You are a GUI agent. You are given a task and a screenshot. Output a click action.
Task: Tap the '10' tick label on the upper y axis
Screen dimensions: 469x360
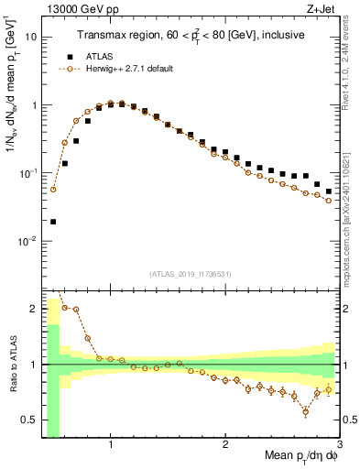30,38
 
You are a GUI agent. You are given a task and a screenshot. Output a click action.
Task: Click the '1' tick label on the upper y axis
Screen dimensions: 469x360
33,105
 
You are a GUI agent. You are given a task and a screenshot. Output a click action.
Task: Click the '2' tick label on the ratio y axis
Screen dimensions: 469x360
33,309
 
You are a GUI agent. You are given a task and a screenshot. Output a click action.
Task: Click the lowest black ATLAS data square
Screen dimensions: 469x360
53,222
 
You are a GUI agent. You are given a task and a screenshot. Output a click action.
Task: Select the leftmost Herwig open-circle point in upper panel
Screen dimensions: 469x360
53,190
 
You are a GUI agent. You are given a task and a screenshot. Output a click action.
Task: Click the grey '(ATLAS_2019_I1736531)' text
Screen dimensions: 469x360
189,273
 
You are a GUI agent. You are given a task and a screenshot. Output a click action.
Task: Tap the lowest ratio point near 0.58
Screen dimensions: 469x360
306,411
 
